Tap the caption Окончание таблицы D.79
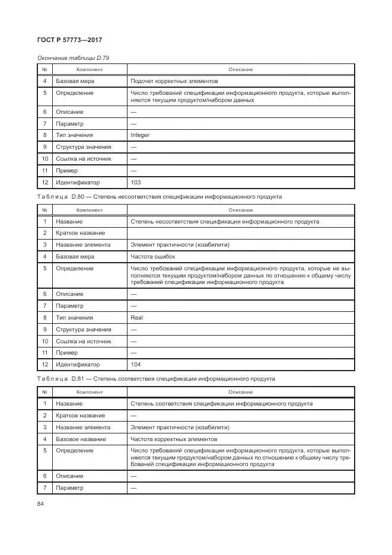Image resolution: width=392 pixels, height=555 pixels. [73, 58]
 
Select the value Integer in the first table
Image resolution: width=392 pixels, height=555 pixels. [140, 135]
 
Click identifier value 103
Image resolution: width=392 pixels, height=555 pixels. [136, 183]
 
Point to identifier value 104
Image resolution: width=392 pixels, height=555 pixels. [136, 365]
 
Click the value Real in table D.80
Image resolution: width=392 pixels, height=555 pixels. [136, 317]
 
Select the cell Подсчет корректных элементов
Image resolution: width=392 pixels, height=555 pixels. [174, 81]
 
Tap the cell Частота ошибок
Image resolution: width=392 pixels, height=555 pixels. [153, 257]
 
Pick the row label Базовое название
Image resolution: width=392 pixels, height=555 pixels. [81, 439]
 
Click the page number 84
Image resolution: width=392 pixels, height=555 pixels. [41, 504]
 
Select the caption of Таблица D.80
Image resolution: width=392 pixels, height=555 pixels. [159, 196]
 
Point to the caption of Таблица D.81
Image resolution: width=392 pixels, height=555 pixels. [155, 378]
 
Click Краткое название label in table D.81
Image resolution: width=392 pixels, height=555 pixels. [81, 415]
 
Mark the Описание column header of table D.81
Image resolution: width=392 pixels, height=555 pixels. [241, 391]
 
